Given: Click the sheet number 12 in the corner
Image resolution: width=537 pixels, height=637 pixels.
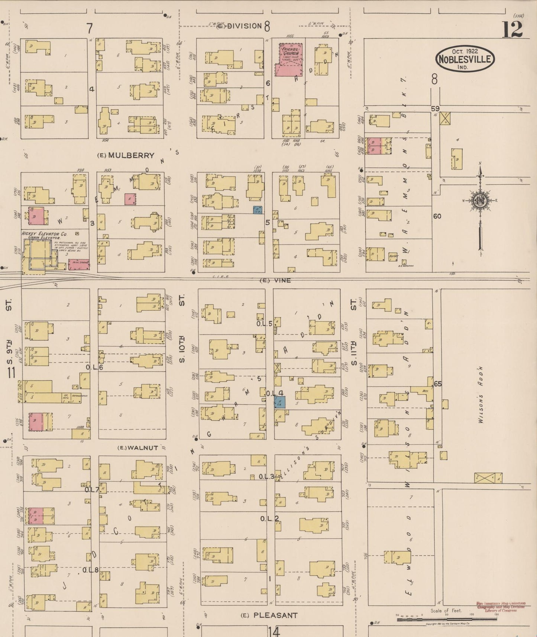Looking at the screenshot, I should pyautogui.click(x=513, y=29).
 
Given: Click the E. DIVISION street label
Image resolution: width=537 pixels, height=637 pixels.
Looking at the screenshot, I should pyautogui.click(x=240, y=26).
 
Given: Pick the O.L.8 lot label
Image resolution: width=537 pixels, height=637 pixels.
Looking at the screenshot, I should pyautogui.click(x=90, y=570).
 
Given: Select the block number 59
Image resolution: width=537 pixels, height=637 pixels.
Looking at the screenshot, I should pyautogui.click(x=435, y=109).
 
